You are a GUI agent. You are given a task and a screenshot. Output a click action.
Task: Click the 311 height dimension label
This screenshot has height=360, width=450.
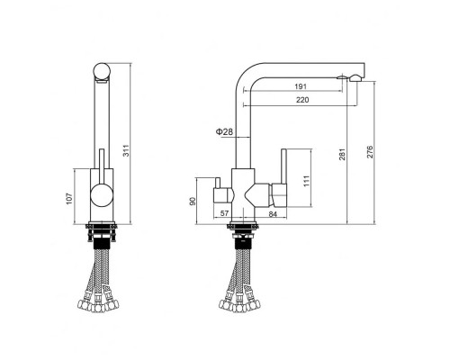click(127, 150)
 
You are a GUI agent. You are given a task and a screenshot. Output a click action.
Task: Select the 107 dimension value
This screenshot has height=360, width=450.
click(69, 199)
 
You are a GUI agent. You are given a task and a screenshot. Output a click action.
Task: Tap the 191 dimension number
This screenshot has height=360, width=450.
click(301, 86)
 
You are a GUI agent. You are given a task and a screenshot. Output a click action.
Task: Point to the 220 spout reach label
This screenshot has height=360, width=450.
click(302, 100)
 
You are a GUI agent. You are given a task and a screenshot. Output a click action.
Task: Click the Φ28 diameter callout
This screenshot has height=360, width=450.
click(224, 131)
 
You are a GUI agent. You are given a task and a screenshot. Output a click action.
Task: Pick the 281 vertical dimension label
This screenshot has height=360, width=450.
click(343, 154)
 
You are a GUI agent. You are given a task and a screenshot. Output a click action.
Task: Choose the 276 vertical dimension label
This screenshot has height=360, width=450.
click(370, 152)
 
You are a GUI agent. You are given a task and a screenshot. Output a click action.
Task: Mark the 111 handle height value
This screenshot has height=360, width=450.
click(306, 181)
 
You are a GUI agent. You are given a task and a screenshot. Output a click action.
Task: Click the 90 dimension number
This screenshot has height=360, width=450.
click(193, 202)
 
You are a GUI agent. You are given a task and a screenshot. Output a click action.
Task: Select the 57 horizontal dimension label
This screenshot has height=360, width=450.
click(224, 213)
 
